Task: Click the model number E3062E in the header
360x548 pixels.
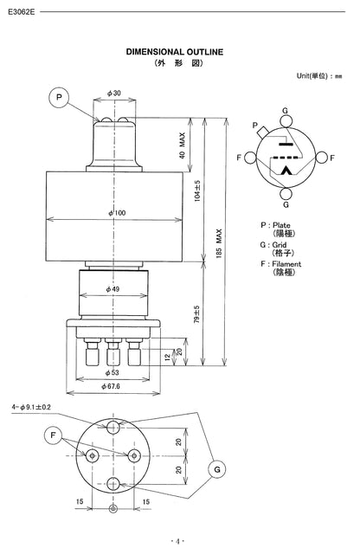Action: point(21,13)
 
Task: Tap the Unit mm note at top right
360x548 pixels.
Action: point(321,76)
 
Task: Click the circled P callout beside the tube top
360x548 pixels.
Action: point(60,97)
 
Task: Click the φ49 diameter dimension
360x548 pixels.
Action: point(113,288)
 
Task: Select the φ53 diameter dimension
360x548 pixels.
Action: point(113,373)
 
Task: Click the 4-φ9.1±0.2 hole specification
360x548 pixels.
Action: point(31,406)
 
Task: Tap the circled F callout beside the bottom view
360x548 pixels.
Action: point(54,434)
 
